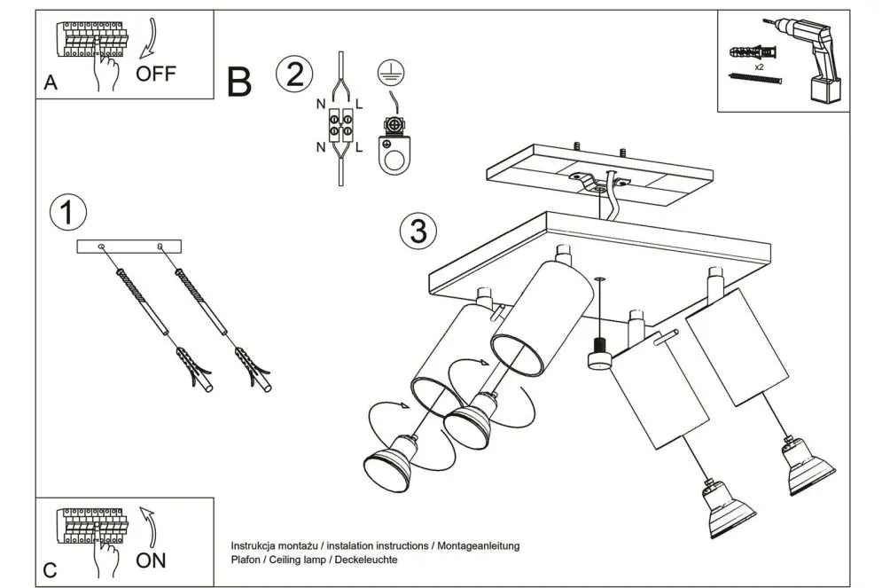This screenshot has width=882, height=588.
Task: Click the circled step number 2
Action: (x=293, y=74)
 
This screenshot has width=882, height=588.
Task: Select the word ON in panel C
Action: (x=151, y=560)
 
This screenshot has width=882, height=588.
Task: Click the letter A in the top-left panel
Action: (x=51, y=84)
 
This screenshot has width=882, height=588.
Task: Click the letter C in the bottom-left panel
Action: (x=51, y=570)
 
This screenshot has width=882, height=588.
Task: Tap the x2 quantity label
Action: (x=761, y=67)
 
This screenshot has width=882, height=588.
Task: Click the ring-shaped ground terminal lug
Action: (x=390, y=155)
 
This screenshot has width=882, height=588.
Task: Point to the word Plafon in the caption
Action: (x=247, y=560)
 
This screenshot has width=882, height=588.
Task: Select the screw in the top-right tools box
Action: (x=754, y=80)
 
